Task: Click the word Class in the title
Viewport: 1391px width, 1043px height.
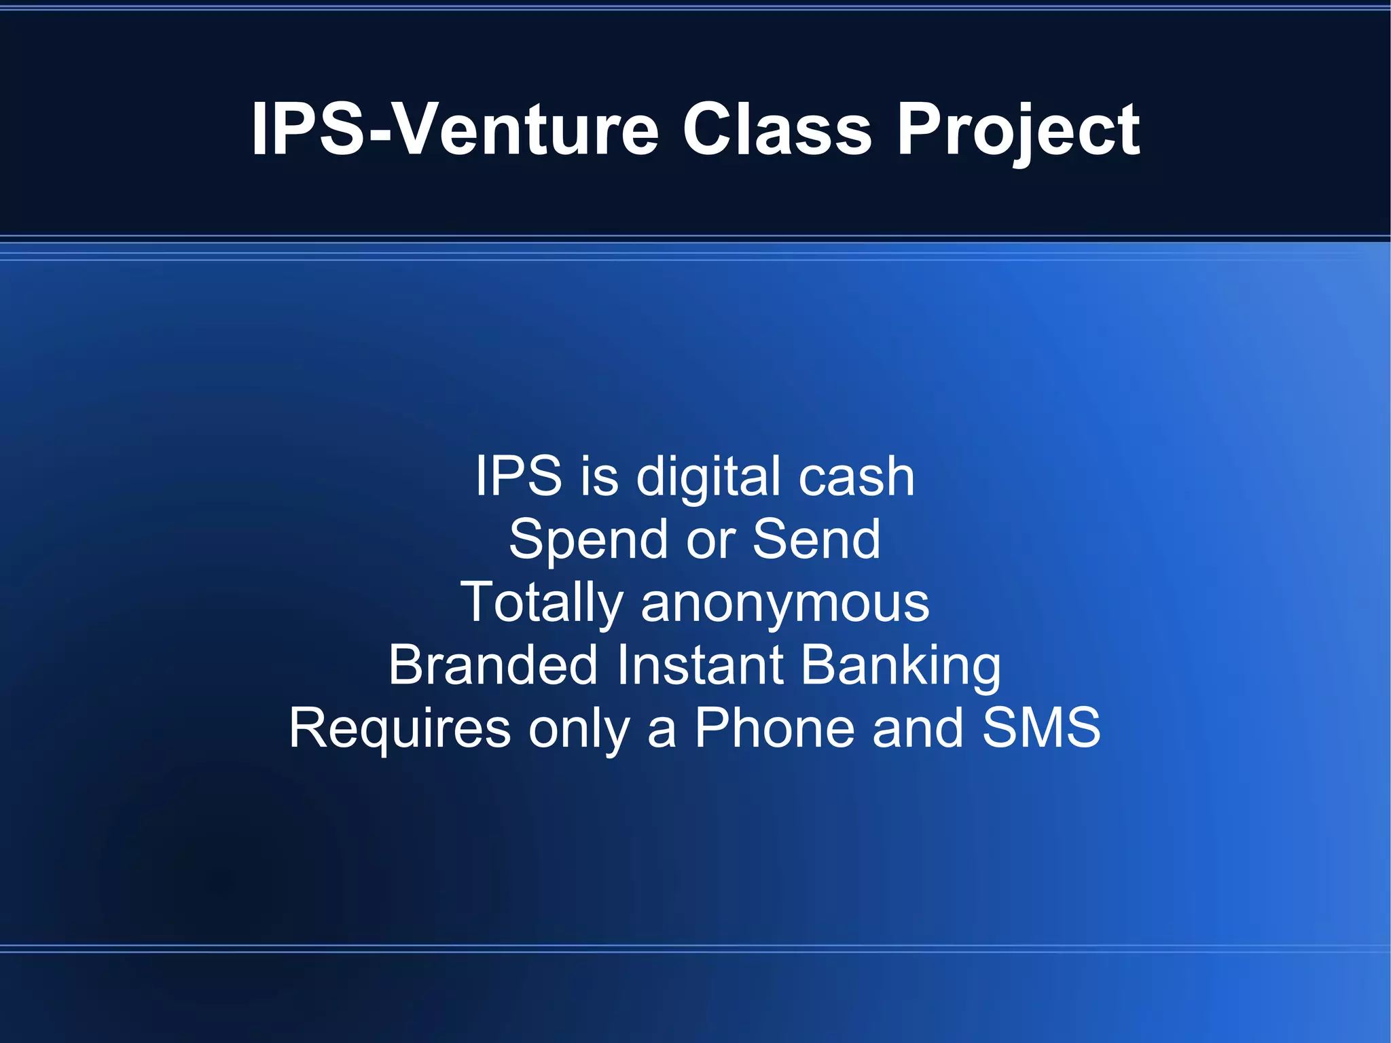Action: [x=777, y=129]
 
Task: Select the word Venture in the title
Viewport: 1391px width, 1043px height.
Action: [x=527, y=129]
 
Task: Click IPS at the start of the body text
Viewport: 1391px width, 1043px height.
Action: [x=518, y=476]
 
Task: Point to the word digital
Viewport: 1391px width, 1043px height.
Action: [x=707, y=478]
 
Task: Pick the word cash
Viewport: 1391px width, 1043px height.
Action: [x=856, y=476]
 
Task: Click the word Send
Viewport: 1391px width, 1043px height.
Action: [x=816, y=539]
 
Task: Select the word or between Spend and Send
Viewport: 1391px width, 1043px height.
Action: [x=710, y=541]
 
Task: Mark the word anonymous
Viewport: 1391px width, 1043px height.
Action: [x=784, y=603]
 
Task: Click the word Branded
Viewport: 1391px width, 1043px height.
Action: [x=493, y=665]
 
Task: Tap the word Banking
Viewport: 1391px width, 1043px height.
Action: [x=901, y=667]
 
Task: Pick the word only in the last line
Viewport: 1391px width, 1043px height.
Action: [x=579, y=729]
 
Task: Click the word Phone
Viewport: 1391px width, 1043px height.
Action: [x=774, y=728]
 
